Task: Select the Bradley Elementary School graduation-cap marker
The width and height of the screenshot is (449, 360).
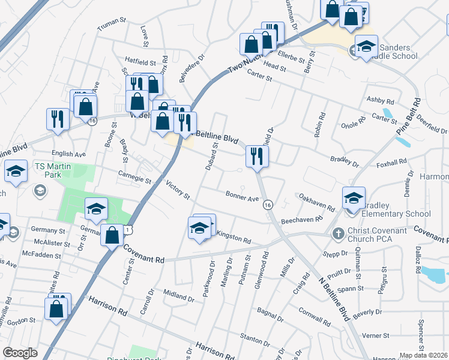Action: click(x=354, y=197)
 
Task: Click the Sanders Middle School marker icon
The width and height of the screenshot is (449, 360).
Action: click(x=366, y=46)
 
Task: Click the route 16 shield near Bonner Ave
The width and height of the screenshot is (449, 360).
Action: click(x=267, y=205)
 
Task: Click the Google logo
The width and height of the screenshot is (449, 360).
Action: click(x=20, y=353)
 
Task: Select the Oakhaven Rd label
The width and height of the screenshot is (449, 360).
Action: click(x=316, y=202)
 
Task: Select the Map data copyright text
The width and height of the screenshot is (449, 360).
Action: click(x=423, y=355)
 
